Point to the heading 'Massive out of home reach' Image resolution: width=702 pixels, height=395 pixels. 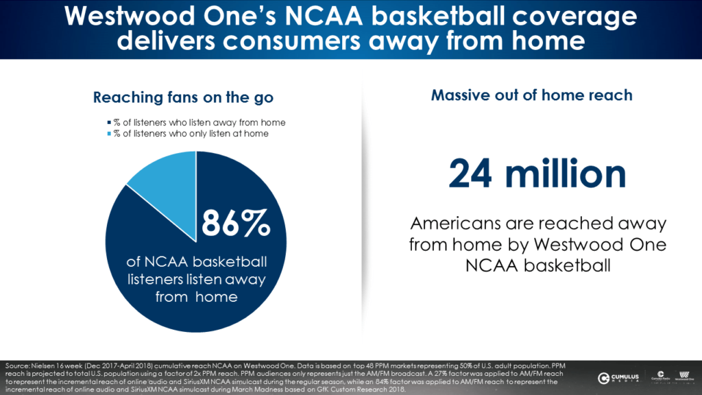click(531, 95)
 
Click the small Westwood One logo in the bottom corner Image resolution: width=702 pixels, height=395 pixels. click(682, 376)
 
